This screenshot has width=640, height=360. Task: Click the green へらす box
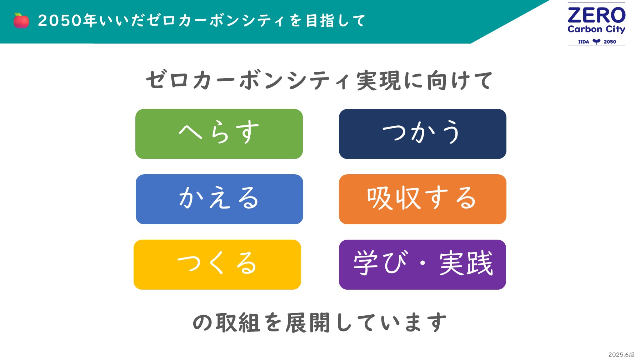[x=219, y=134]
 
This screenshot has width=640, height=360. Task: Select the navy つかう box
[x=422, y=134]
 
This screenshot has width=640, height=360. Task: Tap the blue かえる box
[x=219, y=199]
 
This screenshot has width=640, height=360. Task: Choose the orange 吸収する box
[x=422, y=199]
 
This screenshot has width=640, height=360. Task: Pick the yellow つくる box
[x=217, y=265]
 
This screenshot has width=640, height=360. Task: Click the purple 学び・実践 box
[x=422, y=265]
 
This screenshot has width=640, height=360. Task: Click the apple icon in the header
[x=21, y=20]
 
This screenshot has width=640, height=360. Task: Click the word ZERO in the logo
[x=596, y=15]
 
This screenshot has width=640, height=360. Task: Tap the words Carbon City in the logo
[x=596, y=29]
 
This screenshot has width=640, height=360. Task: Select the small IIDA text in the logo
[x=584, y=42]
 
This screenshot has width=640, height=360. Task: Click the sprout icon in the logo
[x=596, y=41]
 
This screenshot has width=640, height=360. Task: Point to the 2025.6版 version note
[x=621, y=355]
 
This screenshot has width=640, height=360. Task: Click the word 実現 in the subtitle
[x=379, y=80]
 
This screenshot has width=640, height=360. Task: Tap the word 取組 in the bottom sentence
[x=237, y=322]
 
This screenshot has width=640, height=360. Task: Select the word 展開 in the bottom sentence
[x=307, y=322]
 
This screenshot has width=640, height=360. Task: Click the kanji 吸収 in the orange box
[x=394, y=198]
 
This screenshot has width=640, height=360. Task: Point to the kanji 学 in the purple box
[x=366, y=263]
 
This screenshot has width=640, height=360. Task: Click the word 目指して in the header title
[x=336, y=20]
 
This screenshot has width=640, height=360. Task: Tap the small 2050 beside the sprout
[x=610, y=42]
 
